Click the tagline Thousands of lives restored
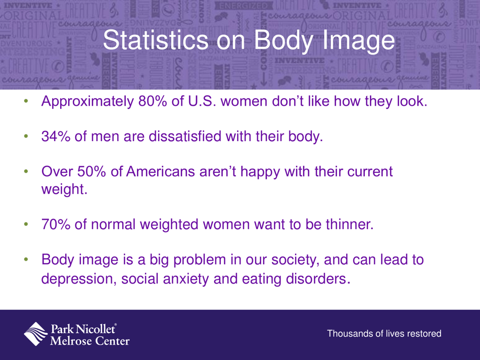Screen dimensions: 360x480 385,334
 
